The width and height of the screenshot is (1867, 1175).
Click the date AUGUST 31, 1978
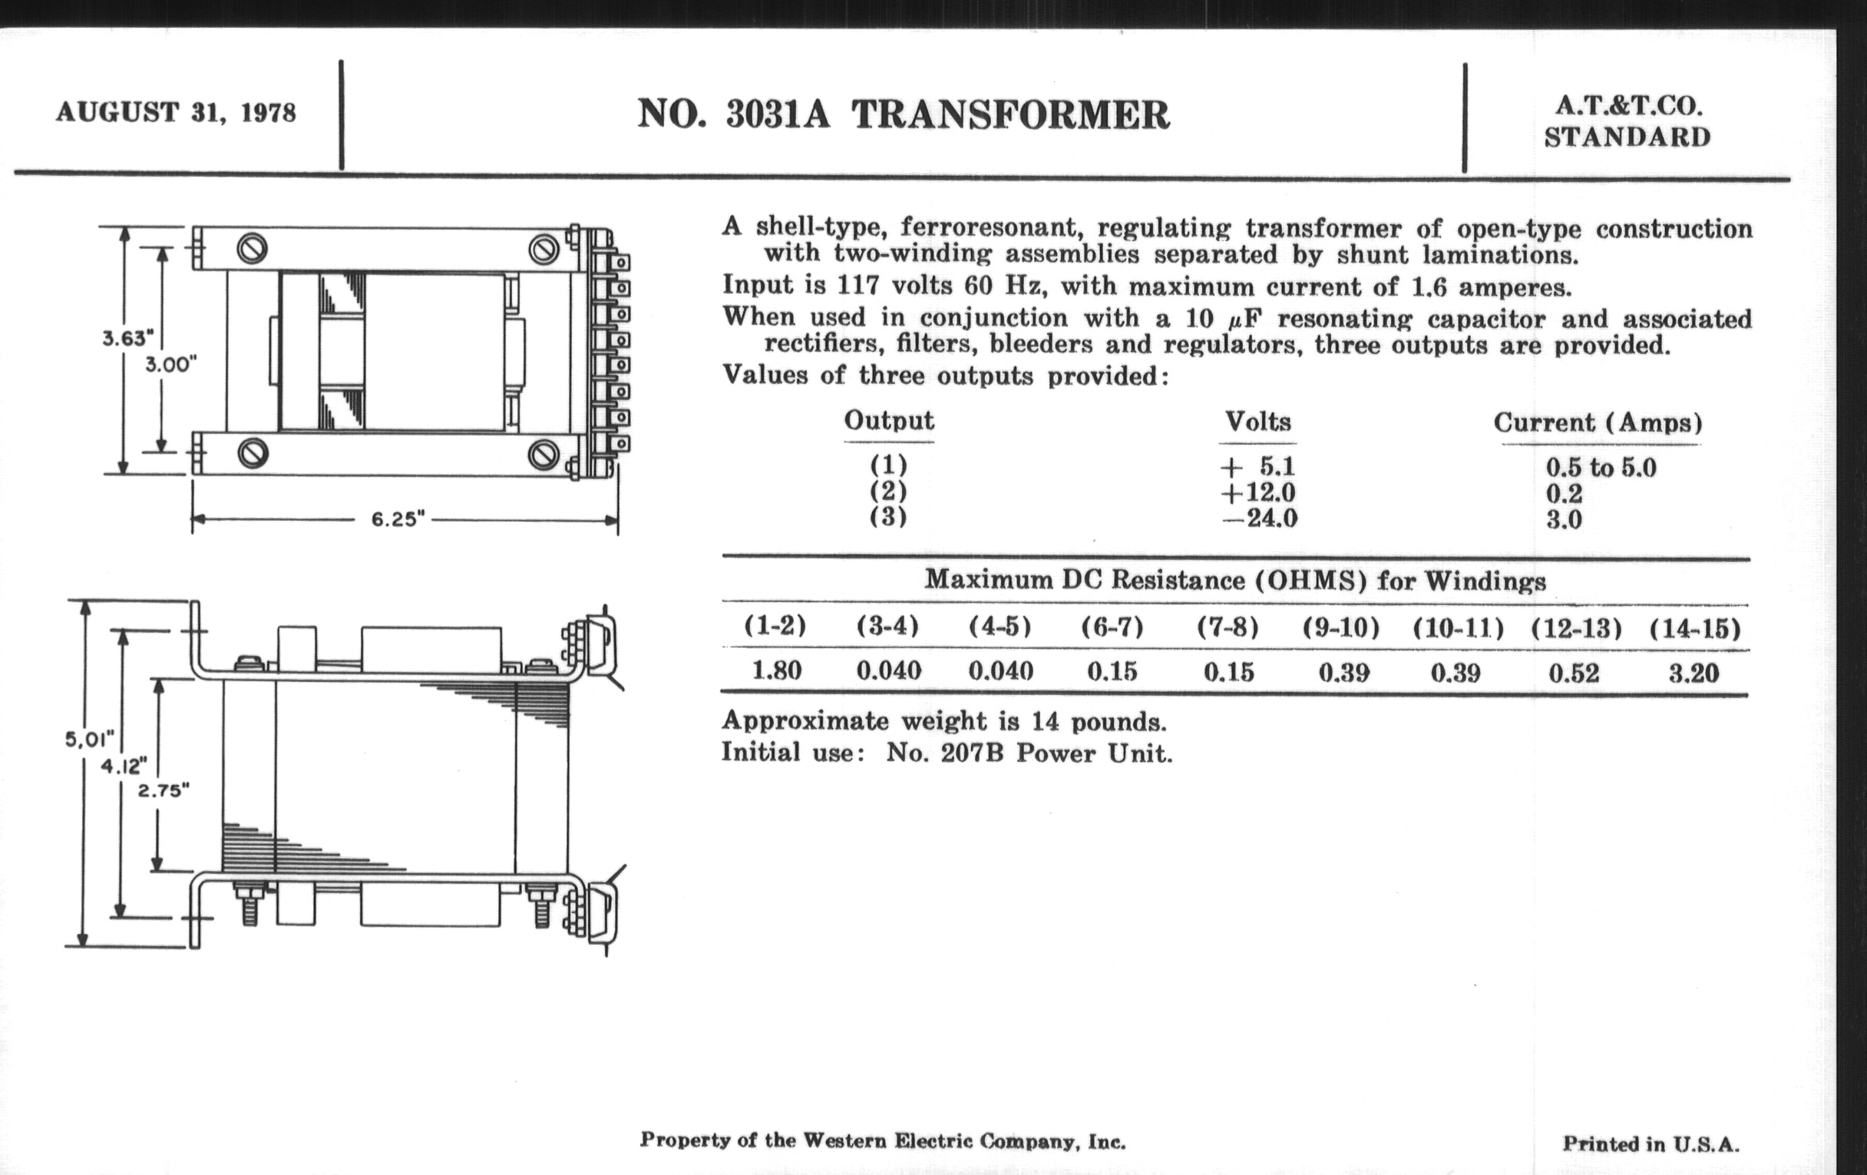tap(175, 112)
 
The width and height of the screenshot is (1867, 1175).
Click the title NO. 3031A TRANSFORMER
tap(904, 114)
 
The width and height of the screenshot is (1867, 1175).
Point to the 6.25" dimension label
tap(398, 519)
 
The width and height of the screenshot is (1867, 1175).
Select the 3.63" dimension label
tap(128, 338)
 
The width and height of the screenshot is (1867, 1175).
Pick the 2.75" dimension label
tap(164, 791)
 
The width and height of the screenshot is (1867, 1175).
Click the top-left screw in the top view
tap(252, 248)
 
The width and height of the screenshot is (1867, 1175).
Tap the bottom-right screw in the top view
tap(544, 455)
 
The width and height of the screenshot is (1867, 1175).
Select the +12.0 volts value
tap(1257, 492)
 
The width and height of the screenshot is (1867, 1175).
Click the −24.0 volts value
tap(1259, 518)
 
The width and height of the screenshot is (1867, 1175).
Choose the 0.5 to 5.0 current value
tap(1601, 468)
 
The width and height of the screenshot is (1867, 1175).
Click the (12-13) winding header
tap(1575, 628)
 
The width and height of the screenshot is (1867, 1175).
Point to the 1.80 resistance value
tap(776, 671)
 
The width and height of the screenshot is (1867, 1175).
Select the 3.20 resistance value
tap(1694, 673)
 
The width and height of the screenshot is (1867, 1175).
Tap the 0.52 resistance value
tap(1574, 673)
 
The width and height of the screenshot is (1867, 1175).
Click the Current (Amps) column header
tap(1598, 423)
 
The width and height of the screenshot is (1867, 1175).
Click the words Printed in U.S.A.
tap(1651, 1144)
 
